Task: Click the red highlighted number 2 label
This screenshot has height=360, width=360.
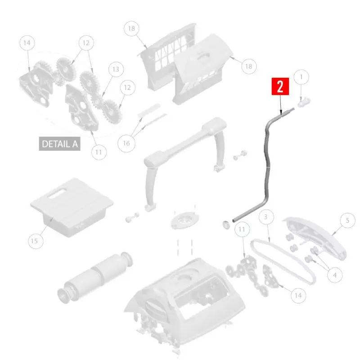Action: (280, 87)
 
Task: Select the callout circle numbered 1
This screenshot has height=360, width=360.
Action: (301, 77)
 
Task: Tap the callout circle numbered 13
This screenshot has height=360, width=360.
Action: (116, 69)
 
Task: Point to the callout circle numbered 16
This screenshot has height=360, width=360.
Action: (126, 143)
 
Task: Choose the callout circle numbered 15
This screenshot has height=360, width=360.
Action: (34, 241)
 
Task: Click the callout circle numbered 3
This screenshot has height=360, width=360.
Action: (266, 217)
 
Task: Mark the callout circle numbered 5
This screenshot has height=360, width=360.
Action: (347, 220)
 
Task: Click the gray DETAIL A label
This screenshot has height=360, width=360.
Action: (59, 144)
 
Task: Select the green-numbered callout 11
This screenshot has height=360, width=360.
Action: (242, 229)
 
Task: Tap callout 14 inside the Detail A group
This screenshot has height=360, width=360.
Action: (27, 43)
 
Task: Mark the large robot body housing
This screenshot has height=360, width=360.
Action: (184, 297)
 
